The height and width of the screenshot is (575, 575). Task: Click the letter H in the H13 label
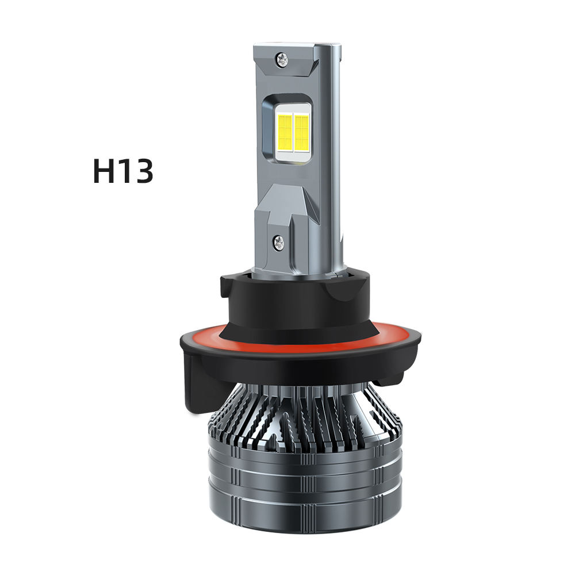pyautogui.click(x=105, y=171)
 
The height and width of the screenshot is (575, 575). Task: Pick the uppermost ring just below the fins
pyautogui.click(x=299, y=457)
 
